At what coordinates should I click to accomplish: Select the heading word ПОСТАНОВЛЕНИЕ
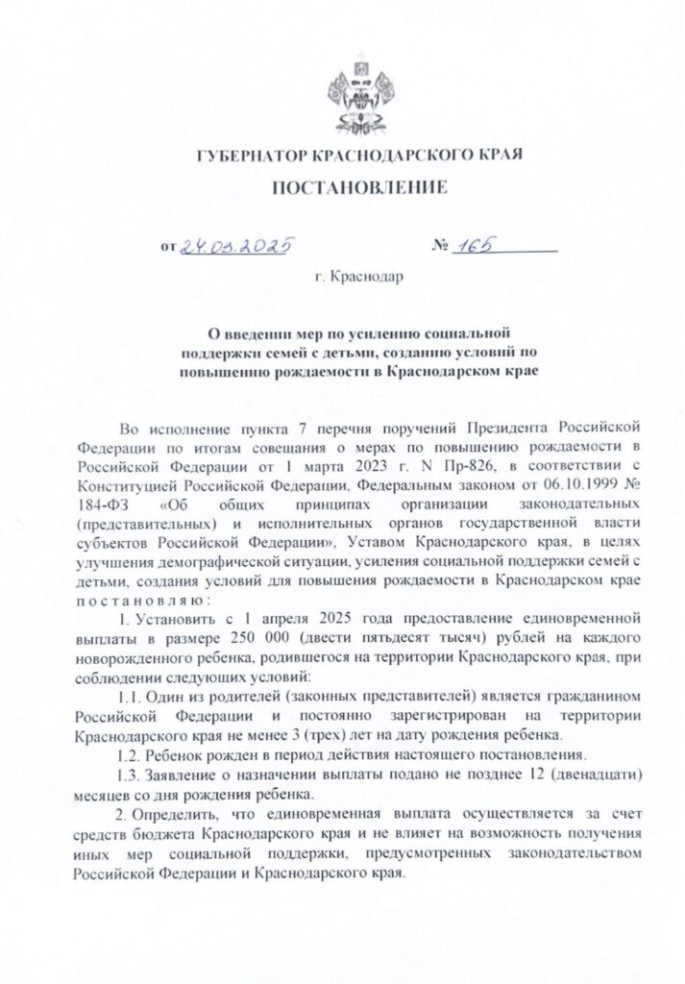point(360,186)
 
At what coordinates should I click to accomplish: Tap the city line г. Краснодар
point(359,280)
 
